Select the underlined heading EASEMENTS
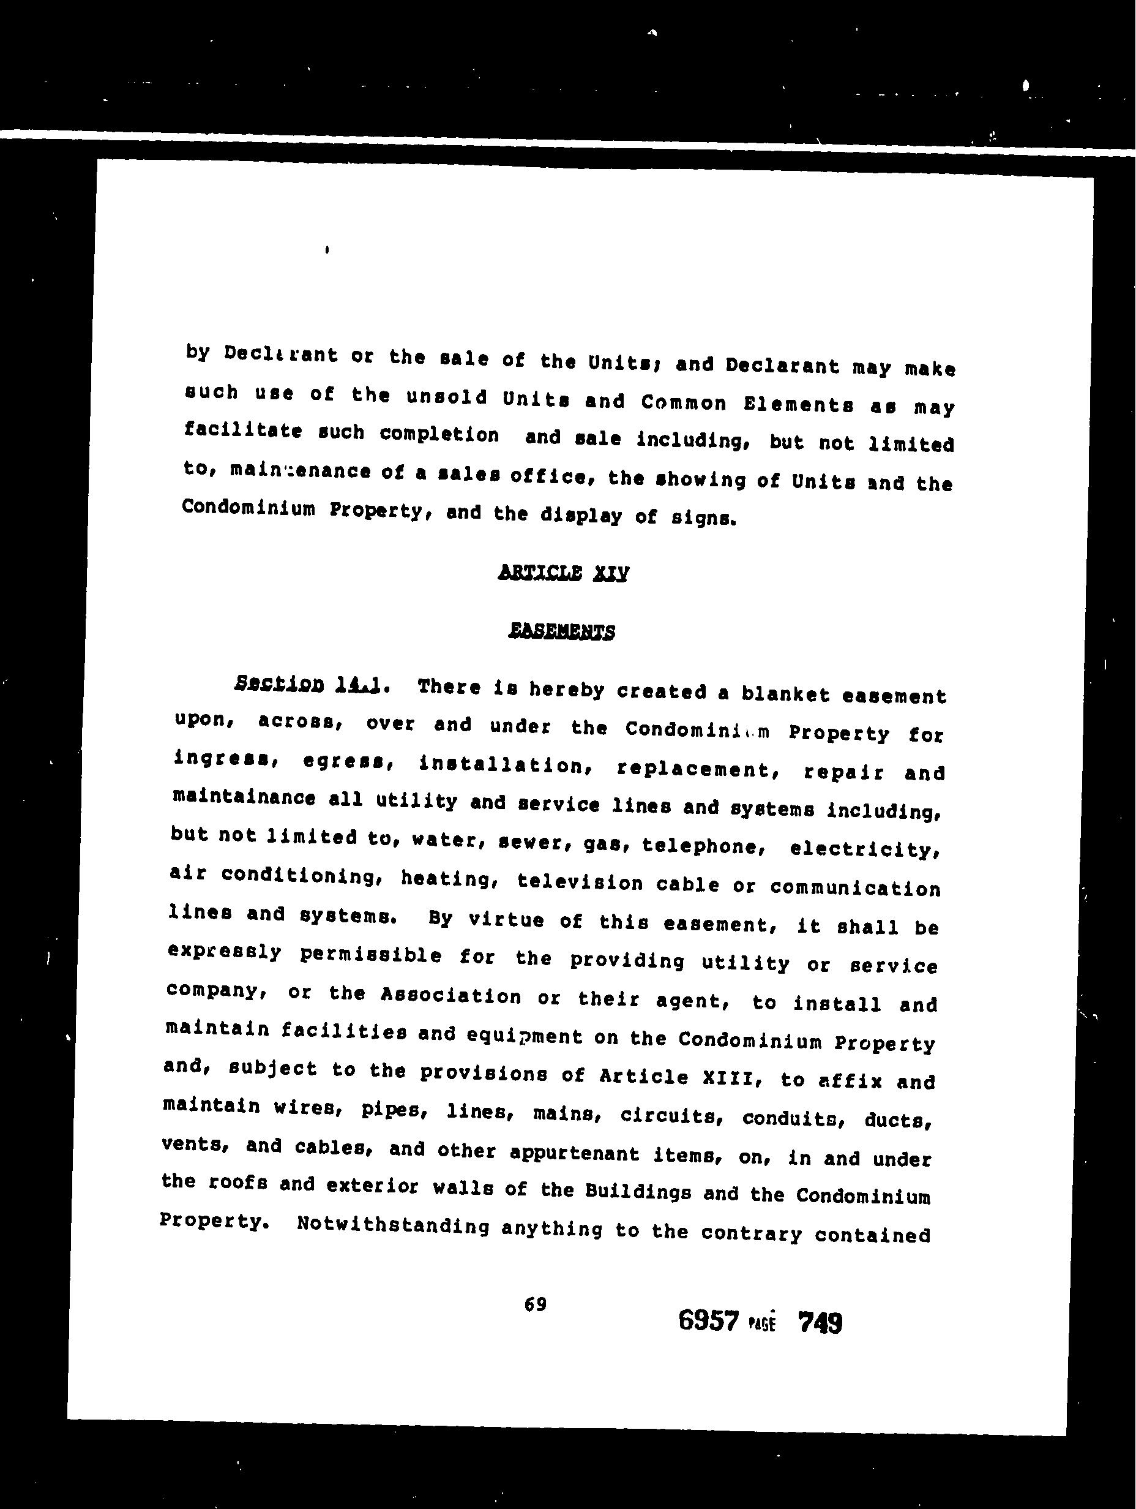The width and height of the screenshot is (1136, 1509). coord(561,631)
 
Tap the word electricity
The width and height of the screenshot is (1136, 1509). coord(865,849)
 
